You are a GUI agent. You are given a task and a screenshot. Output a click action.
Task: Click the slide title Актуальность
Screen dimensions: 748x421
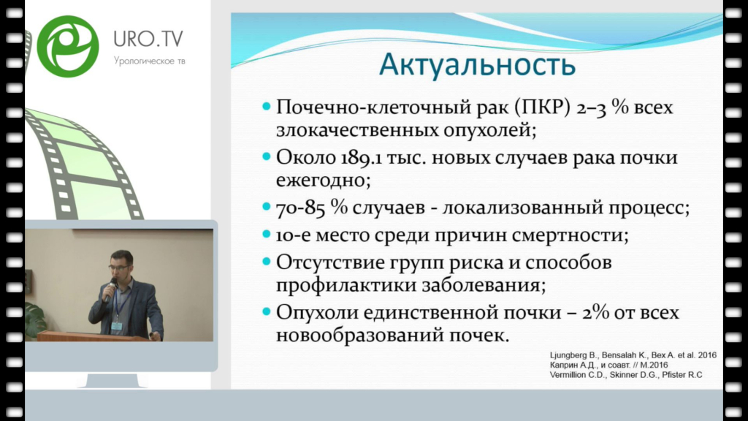point(477,65)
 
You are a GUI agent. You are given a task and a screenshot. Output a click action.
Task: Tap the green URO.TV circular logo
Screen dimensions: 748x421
point(68,46)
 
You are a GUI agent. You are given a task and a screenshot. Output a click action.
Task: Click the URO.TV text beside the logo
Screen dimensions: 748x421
point(148,39)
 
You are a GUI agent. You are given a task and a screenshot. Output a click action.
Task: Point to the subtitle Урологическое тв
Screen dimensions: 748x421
point(149,61)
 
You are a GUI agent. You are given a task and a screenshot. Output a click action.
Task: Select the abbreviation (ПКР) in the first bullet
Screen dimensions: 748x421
point(543,107)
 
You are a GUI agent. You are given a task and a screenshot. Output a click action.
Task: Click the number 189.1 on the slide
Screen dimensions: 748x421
point(361,158)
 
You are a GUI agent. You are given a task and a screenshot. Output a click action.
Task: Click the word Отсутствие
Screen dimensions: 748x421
point(329,262)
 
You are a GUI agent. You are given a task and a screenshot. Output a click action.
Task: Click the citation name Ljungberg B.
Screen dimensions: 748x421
point(573,356)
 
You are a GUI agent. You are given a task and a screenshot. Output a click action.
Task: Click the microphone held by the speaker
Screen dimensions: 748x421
point(110,289)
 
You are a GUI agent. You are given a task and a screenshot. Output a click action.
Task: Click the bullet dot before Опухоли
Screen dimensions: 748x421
point(267,312)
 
